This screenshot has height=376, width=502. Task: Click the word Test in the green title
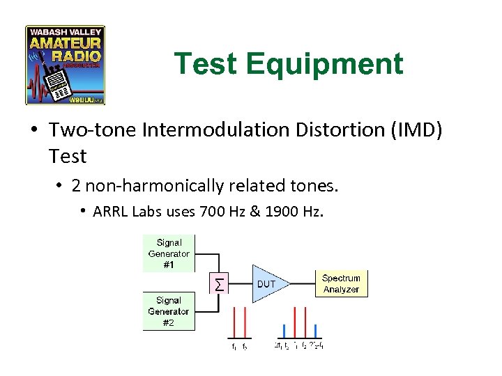click(x=206, y=64)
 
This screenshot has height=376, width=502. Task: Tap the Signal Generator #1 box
click(x=169, y=253)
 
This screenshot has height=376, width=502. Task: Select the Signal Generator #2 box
click(x=169, y=311)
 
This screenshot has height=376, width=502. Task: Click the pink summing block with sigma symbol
click(x=220, y=283)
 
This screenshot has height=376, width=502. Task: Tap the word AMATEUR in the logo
click(x=65, y=43)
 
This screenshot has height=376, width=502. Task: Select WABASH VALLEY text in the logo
click(x=65, y=32)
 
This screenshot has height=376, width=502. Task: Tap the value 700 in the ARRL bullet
click(x=211, y=211)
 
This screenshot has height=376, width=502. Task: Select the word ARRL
click(x=108, y=211)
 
